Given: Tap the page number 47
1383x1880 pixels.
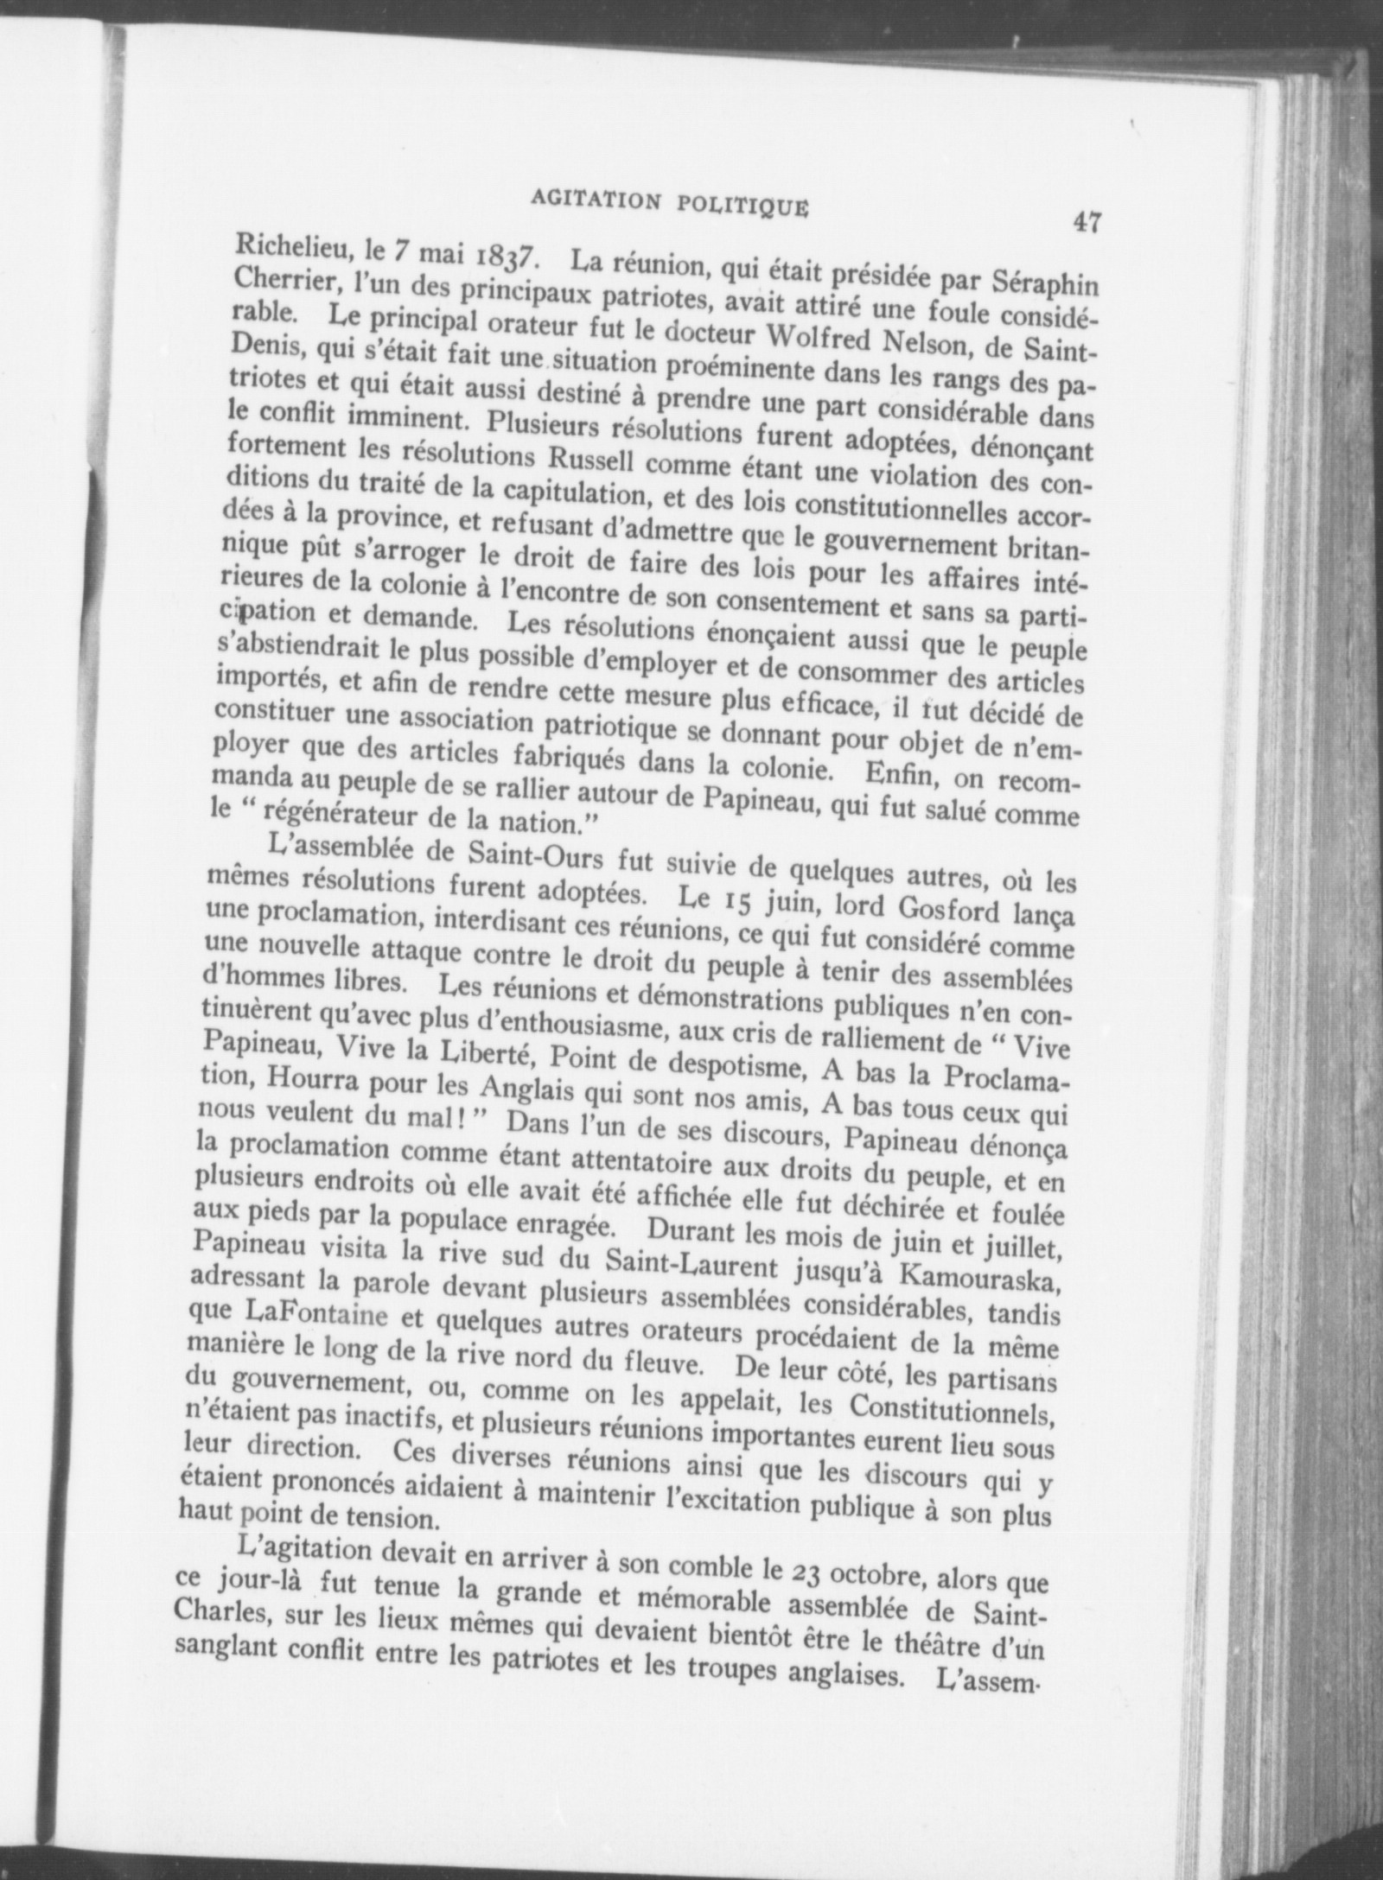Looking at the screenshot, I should [1086, 222].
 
